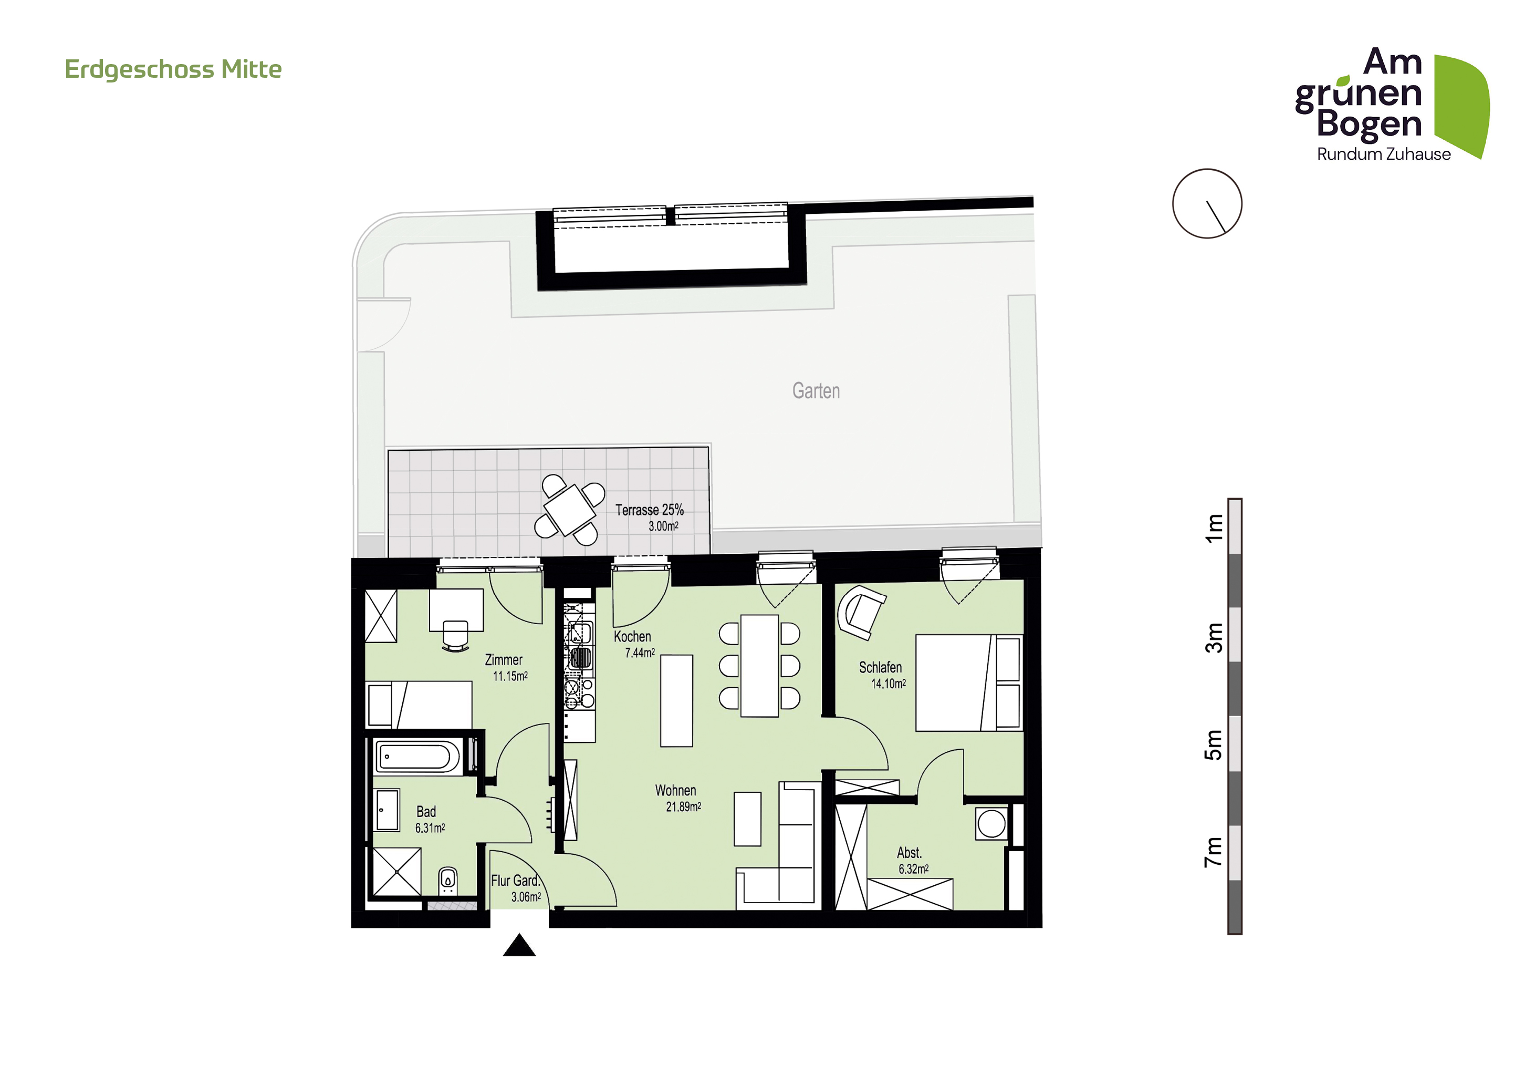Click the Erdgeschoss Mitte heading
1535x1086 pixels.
click(173, 69)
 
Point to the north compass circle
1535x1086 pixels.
click(1207, 203)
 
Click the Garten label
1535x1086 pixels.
click(816, 390)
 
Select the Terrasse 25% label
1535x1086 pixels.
click(649, 510)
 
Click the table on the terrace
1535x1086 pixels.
click(570, 510)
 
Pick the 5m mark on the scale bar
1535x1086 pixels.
click(1214, 744)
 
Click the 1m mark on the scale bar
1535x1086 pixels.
click(1214, 528)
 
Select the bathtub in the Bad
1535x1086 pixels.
click(416, 757)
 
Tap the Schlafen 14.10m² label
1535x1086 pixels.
click(882, 675)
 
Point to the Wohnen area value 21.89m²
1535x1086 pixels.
click(683, 807)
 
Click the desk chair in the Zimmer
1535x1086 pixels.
click(455, 636)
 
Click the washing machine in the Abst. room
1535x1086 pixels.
click(991, 823)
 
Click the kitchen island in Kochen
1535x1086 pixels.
click(676, 701)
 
